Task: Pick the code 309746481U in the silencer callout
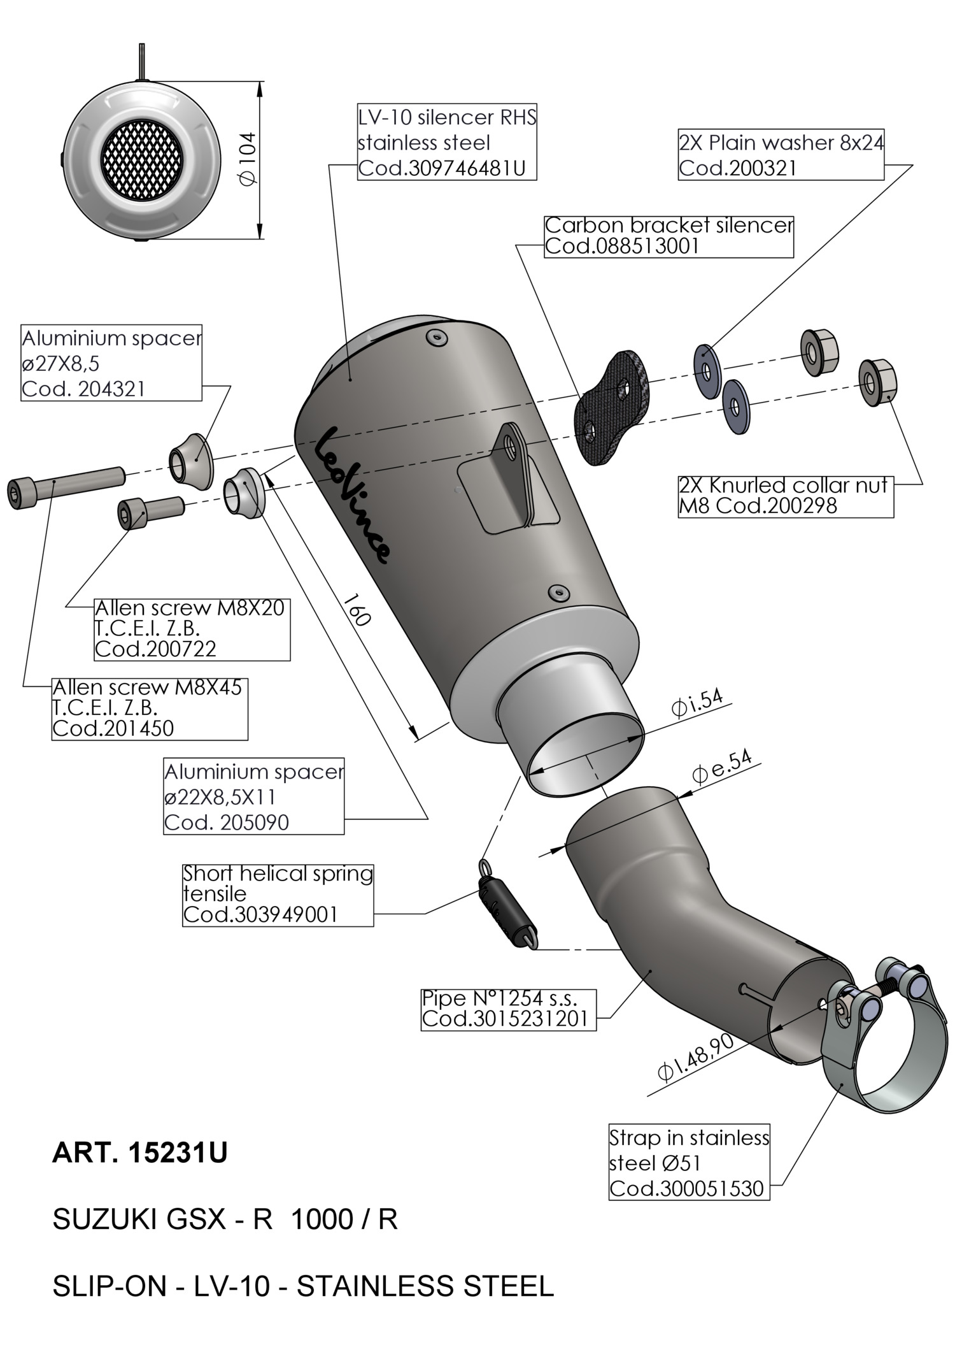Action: point(442,168)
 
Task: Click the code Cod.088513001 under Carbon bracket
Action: point(622,246)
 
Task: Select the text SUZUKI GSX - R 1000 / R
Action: point(225,1219)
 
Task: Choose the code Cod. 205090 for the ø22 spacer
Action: point(227,823)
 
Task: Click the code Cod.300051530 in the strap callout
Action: point(686,1188)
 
